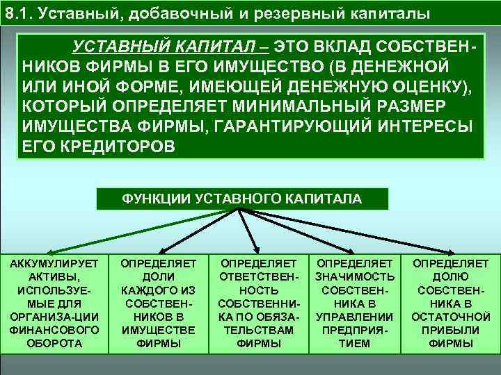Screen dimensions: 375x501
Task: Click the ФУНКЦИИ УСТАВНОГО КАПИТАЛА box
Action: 241,199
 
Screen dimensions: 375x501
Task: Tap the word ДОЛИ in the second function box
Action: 157,277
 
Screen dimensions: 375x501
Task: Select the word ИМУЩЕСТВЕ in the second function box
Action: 157,330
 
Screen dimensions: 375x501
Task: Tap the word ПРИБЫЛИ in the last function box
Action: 450,330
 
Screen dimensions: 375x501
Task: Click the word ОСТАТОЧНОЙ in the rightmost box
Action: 450,317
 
